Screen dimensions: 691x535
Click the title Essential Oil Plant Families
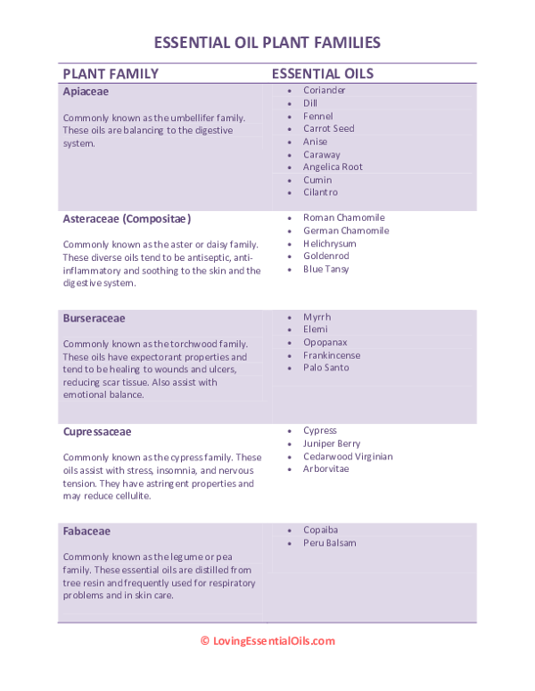tap(267, 42)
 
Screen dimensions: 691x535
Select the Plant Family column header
tap(111, 74)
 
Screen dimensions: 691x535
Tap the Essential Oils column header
tap(322, 74)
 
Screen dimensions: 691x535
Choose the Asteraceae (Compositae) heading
tap(127, 218)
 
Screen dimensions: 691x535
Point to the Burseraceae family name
tap(94, 318)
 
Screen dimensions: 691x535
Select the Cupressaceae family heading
tap(97, 432)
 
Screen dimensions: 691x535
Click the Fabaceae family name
tap(86, 532)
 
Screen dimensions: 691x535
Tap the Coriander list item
tap(324, 91)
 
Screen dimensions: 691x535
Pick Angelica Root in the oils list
tap(333, 167)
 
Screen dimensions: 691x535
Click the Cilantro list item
tap(320, 192)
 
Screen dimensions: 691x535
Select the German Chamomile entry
tap(346, 231)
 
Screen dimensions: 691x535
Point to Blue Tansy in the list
tap(325, 269)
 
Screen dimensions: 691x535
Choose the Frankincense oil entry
tap(331, 354)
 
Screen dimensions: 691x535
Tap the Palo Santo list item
tap(325, 367)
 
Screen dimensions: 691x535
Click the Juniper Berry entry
tap(332, 443)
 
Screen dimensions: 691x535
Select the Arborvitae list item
tap(325, 469)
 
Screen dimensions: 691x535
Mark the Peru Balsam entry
tap(329, 543)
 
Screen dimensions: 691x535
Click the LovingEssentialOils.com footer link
tap(274, 641)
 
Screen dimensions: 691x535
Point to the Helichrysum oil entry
tap(329, 244)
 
